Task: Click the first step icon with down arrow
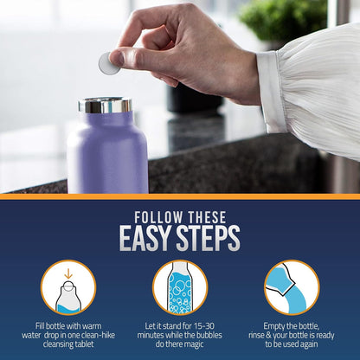coord(68,287)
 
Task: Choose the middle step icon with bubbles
coord(180,287)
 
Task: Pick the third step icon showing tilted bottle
coord(291,287)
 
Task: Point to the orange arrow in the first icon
coord(68,274)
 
